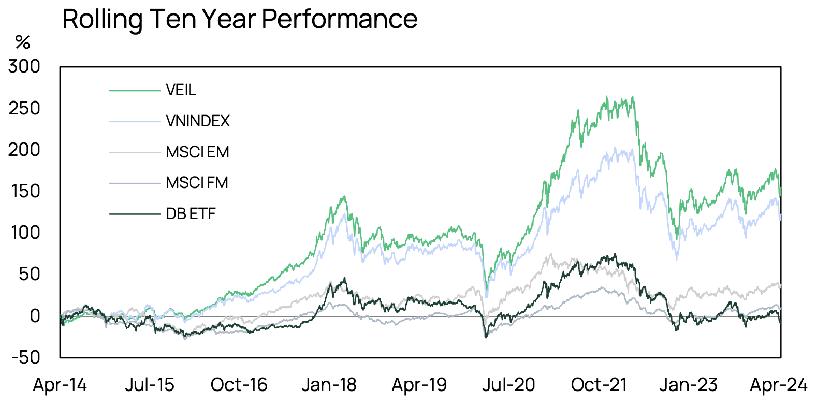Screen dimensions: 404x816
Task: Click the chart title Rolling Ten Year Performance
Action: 240,19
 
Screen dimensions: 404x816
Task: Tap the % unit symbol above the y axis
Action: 23,42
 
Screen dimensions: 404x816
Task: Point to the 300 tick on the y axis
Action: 24,66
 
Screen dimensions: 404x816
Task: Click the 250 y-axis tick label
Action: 24,108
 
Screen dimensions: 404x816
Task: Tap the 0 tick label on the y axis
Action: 35,315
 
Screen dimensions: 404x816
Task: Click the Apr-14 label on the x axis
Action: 60,385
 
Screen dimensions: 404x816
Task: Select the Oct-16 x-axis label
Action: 239,385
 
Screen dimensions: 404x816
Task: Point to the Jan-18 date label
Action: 329,385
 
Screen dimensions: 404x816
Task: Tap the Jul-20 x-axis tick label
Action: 508,385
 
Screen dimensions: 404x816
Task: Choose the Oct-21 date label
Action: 599,385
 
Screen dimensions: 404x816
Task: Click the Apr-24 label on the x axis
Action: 778,385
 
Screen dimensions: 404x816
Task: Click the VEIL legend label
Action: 181,90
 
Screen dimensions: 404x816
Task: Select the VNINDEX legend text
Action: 198,121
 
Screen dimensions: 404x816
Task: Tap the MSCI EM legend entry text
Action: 197,152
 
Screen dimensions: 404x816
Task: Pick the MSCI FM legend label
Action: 197,183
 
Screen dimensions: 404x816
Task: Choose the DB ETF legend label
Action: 191,213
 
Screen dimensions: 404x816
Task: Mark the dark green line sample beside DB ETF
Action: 135,213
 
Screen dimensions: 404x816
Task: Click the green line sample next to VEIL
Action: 135,91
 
